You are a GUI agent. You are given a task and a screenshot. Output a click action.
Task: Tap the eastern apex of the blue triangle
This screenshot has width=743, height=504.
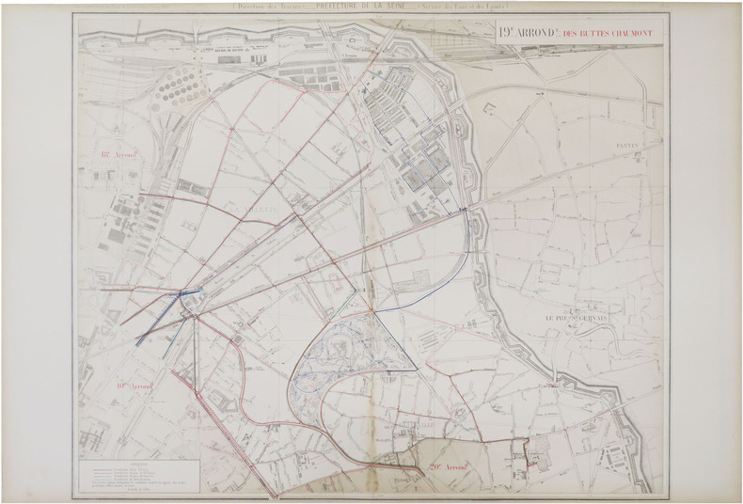[x=418, y=367]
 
